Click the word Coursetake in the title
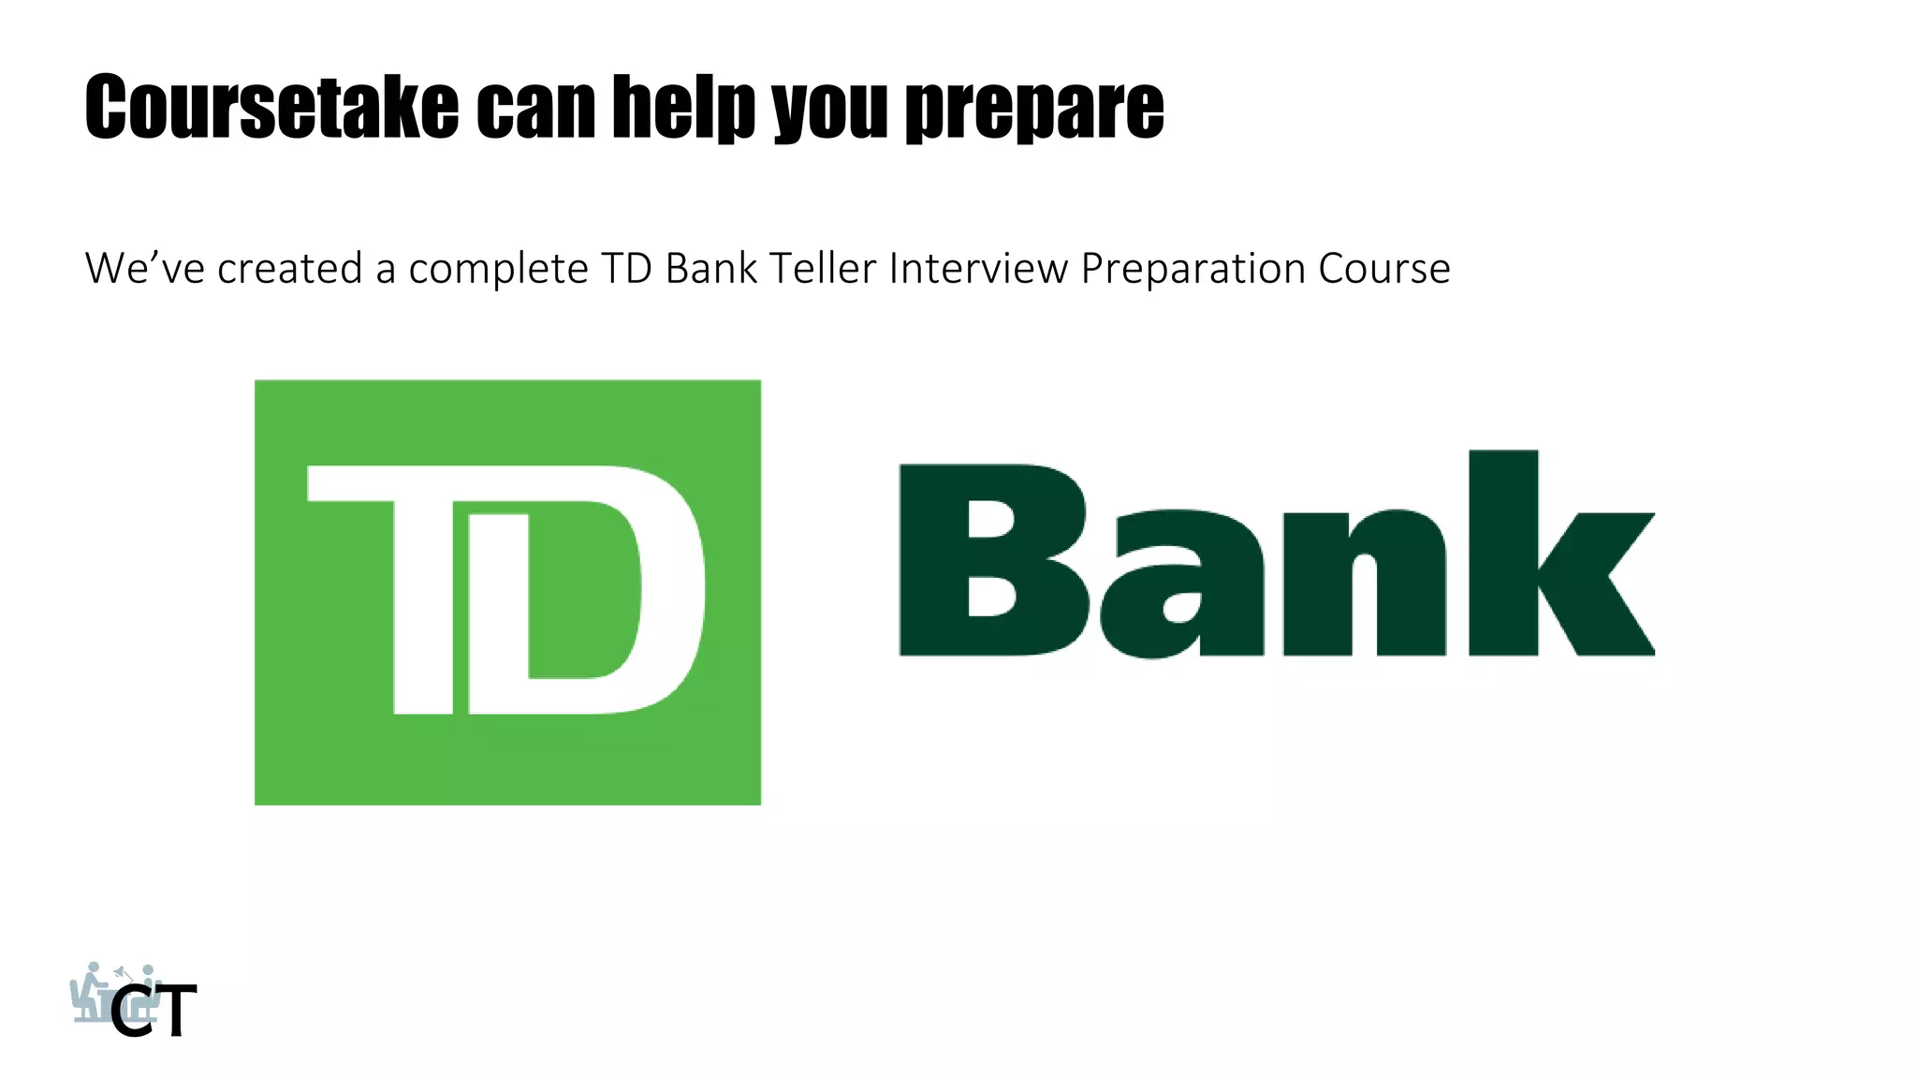[271, 107]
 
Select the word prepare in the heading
[1034, 107]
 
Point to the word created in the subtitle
[290, 269]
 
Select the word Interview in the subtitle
[978, 269]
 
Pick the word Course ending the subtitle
[1384, 269]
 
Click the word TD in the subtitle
[626, 269]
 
